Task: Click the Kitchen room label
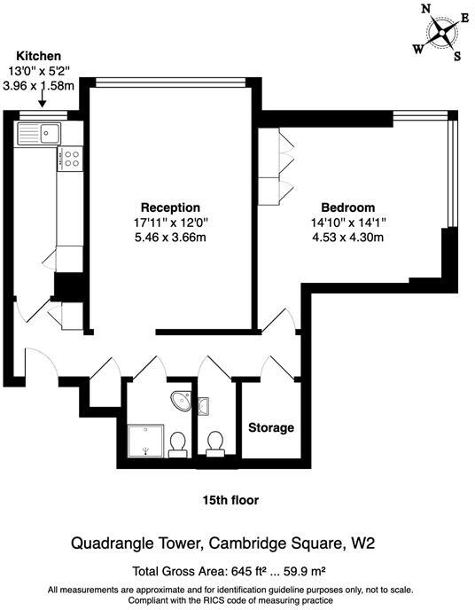(x=30, y=56)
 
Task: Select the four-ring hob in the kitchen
(x=70, y=160)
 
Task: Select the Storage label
(x=270, y=428)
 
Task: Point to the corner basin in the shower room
(x=182, y=400)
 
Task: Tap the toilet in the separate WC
(x=214, y=443)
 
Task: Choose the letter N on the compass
(x=425, y=8)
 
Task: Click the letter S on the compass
(x=457, y=58)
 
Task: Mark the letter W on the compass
(x=417, y=50)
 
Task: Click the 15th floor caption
(x=230, y=500)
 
